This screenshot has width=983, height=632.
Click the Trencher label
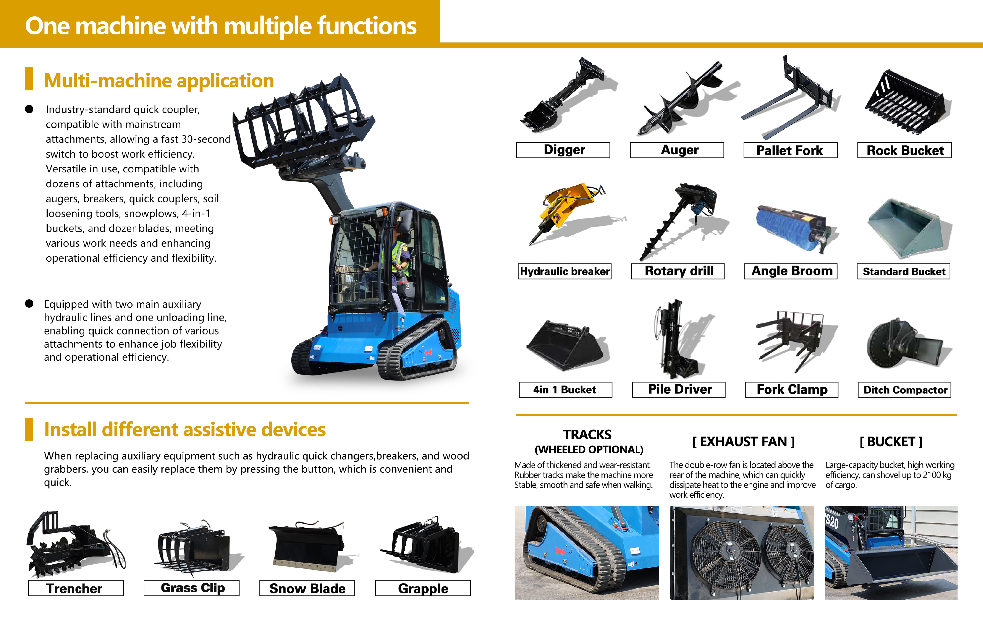pyautogui.click(x=74, y=588)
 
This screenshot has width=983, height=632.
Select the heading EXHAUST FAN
pyautogui.click(x=743, y=442)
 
